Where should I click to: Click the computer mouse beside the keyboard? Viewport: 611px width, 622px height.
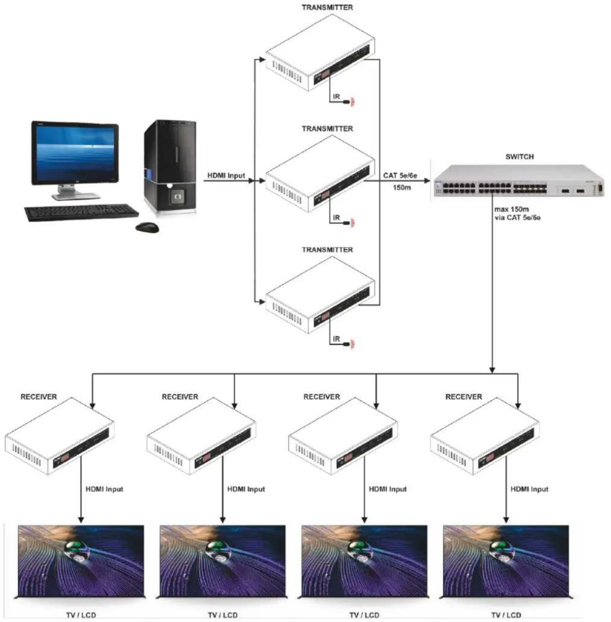[x=147, y=227]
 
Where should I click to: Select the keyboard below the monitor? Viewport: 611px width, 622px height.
[x=82, y=212]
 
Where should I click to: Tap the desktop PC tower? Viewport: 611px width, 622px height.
[x=170, y=167]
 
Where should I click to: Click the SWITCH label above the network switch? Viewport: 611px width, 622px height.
[x=519, y=157]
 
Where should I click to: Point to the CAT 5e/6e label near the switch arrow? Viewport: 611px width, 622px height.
[x=400, y=176]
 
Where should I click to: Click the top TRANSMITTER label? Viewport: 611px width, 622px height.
[x=327, y=7]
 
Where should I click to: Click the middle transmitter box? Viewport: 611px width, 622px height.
[x=320, y=174]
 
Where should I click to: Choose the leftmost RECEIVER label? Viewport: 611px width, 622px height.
[x=39, y=397]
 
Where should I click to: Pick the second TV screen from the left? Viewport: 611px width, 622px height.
[x=223, y=561]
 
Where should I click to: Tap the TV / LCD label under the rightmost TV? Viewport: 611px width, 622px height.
[x=506, y=615]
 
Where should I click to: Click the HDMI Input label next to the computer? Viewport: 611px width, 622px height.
[x=226, y=176]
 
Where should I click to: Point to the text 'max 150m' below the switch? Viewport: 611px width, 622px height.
[x=511, y=209]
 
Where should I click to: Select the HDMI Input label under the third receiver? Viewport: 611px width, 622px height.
[x=388, y=489]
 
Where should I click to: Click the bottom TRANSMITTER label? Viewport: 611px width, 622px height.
[x=327, y=250]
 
